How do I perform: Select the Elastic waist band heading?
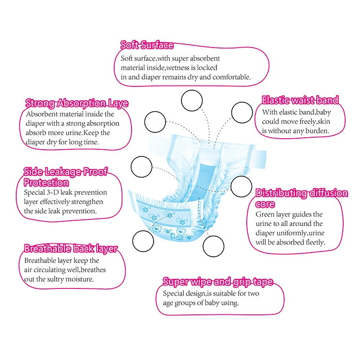pyautogui.click(x=300, y=100)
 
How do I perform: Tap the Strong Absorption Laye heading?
pyautogui.click(x=76, y=103)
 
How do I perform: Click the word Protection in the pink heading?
pyautogui.click(x=46, y=182)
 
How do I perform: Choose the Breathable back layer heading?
pyautogui.click(x=71, y=249)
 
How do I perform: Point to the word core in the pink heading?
pyautogui.click(x=264, y=204)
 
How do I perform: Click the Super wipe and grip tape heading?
pyautogui.click(x=217, y=282)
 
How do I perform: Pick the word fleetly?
pyautogui.click(x=312, y=243)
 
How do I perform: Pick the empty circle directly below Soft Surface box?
pyautogui.click(x=192, y=101)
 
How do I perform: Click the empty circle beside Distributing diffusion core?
pyautogui.click(x=240, y=186)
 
